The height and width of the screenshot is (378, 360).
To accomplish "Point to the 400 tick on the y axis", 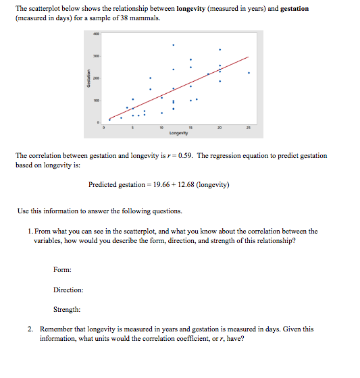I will click(x=97, y=34).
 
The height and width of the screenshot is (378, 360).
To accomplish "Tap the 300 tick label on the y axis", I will click(x=97, y=56).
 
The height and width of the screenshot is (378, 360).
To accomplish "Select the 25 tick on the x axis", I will click(x=249, y=127).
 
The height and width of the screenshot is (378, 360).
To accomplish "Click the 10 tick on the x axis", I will click(x=161, y=127).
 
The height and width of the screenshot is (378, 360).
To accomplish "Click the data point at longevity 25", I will click(x=249, y=73).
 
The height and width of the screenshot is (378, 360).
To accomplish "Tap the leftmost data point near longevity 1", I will click(x=109, y=119).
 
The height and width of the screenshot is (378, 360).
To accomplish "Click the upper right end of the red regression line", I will click(x=249, y=57).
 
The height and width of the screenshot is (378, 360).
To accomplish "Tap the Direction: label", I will click(x=68, y=290).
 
